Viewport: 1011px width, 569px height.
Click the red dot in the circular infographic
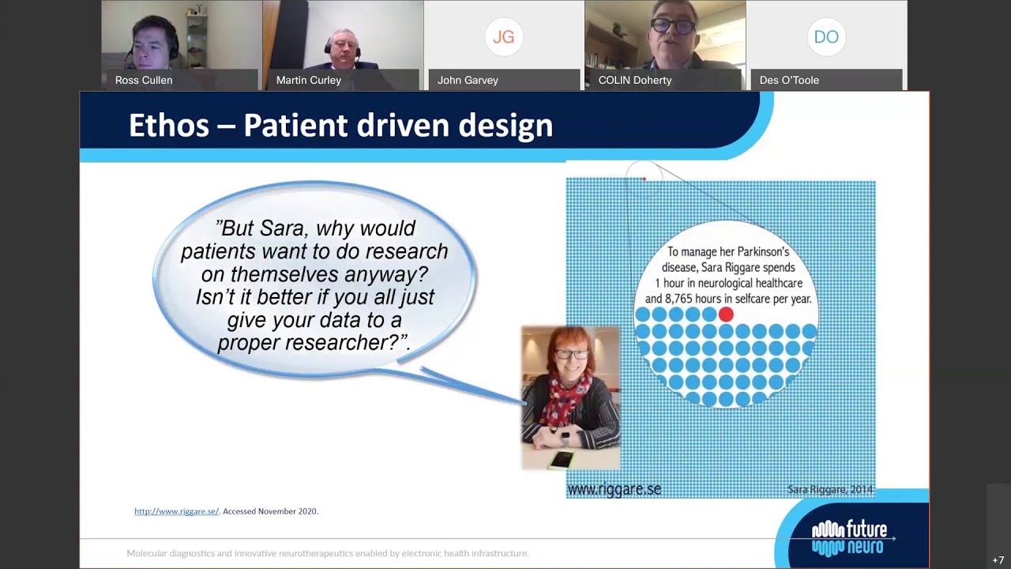click(726, 315)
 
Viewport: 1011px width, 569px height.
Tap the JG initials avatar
click(503, 36)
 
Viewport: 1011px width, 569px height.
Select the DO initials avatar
click(825, 36)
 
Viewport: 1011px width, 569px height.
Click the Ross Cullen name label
click(144, 80)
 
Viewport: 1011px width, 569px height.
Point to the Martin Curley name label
click(308, 80)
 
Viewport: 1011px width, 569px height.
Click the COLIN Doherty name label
click(634, 80)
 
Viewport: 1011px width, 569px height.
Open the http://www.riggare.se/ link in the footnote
click(176, 511)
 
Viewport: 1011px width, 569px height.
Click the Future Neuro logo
click(850, 537)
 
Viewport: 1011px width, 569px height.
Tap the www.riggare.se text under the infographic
click(614, 489)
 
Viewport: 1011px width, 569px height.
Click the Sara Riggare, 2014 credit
click(829, 490)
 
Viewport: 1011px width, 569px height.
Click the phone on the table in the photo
click(562, 459)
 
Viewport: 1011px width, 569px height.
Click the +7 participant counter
click(998, 560)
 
